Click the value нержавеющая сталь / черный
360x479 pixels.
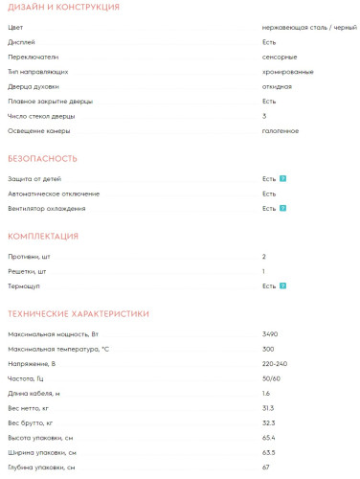tap(302, 28)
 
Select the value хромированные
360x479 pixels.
tap(286, 72)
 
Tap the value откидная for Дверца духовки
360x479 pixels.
tap(277, 86)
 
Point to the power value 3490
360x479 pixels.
tap(270, 333)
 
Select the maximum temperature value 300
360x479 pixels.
tap(268, 348)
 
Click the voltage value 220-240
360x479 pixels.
tap(274, 363)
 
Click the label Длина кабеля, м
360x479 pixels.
tap(34, 393)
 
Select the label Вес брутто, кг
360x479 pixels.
tap(31, 422)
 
